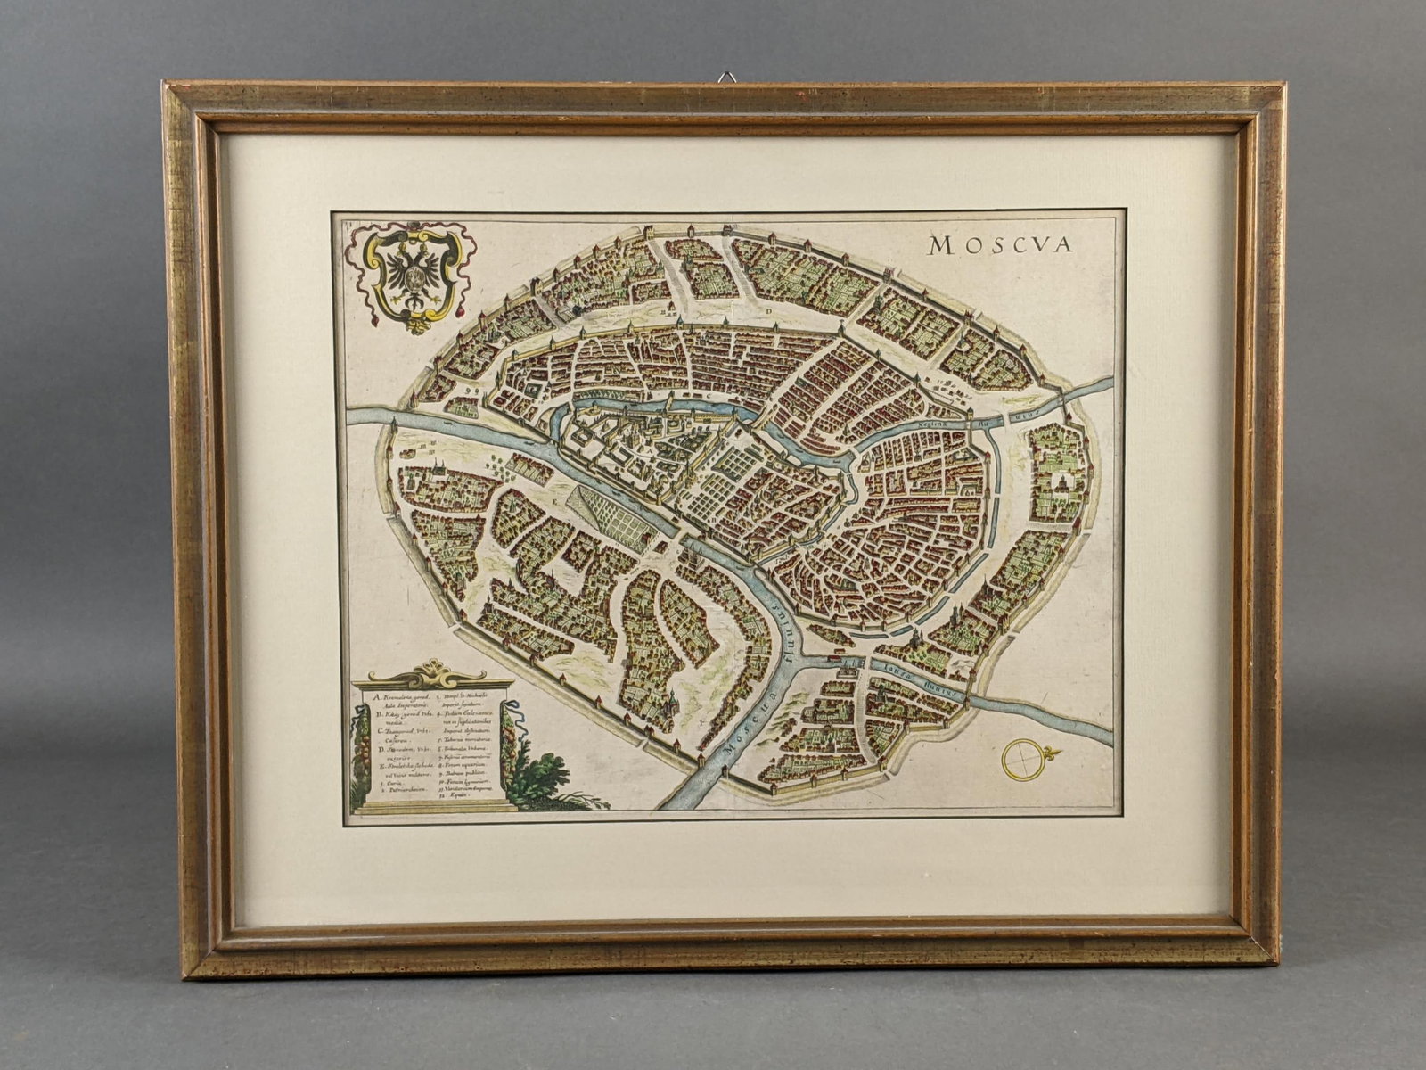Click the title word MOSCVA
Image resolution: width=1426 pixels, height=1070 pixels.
point(999,244)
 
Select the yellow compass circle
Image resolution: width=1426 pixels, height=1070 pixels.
point(1021,758)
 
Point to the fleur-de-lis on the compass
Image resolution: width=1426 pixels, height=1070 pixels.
point(1053,752)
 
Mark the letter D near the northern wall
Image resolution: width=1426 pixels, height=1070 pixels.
point(767,311)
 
